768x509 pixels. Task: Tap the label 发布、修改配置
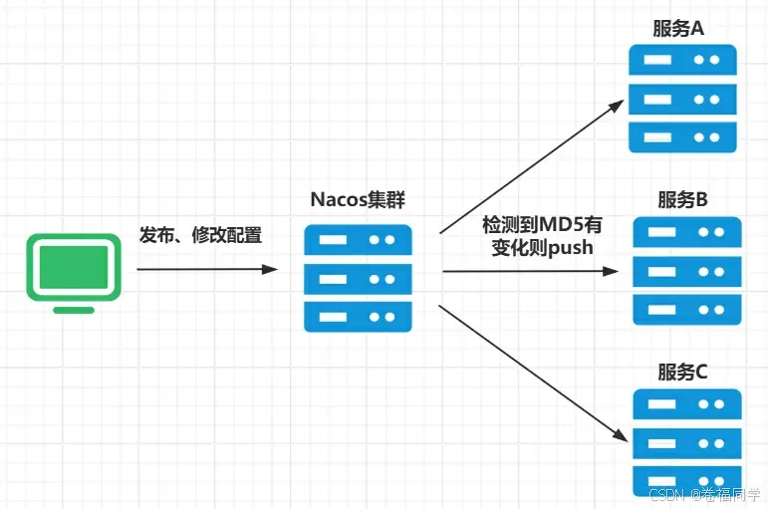pos(200,235)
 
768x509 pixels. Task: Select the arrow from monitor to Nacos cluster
pos(206,269)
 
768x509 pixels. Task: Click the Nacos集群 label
pos(358,199)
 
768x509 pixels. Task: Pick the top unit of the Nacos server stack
pos(358,240)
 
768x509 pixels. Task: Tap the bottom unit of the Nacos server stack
pos(358,316)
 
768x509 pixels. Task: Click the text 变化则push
pos(542,247)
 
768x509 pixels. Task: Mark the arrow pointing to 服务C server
pos(533,374)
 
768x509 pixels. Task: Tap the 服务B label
pos(682,199)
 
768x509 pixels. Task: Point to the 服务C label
pos(682,372)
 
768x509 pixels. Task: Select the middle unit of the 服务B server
pos(687,271)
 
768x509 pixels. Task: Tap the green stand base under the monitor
pos(74,310)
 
